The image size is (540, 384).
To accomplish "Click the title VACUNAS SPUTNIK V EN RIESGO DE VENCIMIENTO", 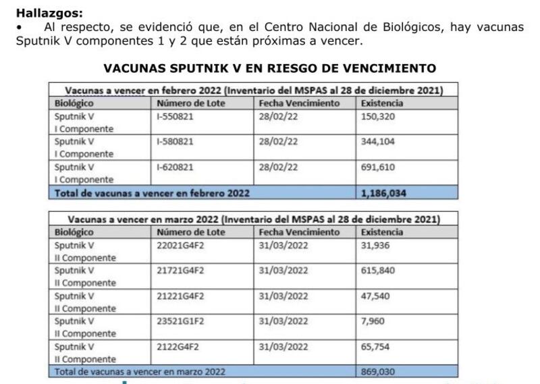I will [270, 68].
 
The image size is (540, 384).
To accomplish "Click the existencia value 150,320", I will [378, 116].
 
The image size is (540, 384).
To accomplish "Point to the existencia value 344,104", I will [378, 142].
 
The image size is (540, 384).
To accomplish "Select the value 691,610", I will [378, 167].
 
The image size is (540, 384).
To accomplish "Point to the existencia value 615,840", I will [378, 270].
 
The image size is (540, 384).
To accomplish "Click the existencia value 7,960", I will [373, 321].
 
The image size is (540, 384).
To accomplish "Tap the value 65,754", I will [376, 347].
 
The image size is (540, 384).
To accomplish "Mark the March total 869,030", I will [379, 371].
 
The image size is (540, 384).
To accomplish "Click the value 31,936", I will [376, 244].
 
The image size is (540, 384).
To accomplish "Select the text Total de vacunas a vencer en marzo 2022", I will [140, 371].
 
